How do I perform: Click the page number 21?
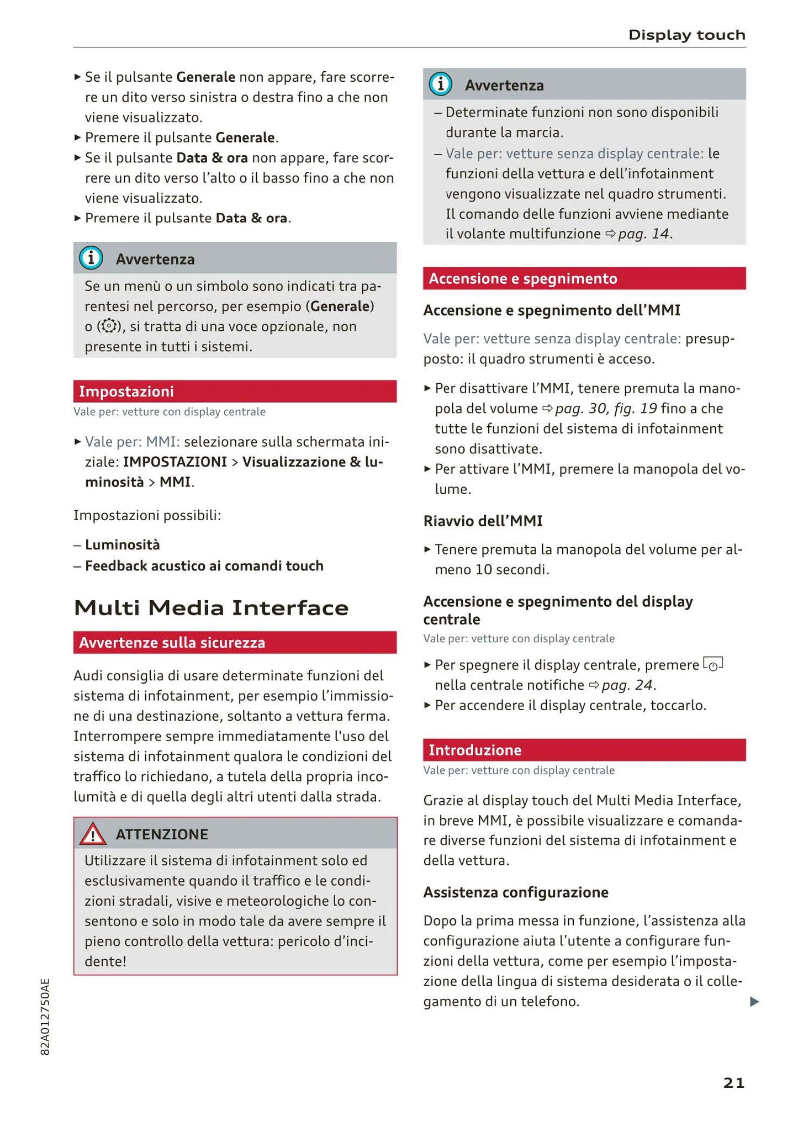[733, 1083]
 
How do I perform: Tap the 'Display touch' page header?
[686, 35]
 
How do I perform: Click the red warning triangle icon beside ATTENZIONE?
[92, 834]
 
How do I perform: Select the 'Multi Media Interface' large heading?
[211, 608]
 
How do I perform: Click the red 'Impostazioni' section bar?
[235, 392]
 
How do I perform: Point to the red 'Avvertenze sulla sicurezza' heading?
[235, 643]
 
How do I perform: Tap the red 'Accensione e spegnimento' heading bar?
[584, 279]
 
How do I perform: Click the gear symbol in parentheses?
[109, 326]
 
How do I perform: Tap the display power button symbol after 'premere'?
[713, 664]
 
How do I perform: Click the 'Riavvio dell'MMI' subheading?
[483, 521]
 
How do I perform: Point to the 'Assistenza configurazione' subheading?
[515, 892]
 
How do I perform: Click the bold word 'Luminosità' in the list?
[122, 545]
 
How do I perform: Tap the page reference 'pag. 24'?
[627, 685]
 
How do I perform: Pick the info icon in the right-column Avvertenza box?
[440, 84]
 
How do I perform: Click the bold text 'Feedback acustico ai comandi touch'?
[204, 566]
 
